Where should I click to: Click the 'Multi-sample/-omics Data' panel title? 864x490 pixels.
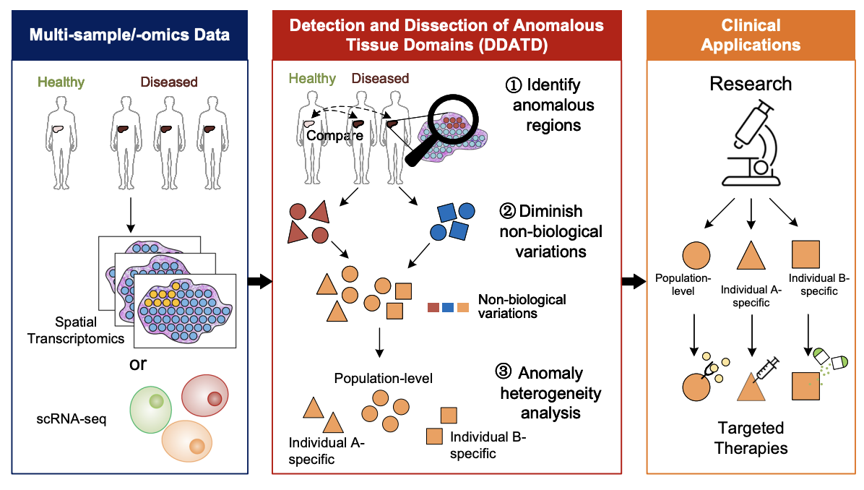click(130, 34)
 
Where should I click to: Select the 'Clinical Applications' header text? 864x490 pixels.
click(751, 35)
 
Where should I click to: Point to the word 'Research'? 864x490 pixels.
click(751, 84)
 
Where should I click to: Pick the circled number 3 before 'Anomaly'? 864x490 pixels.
click(504, 373)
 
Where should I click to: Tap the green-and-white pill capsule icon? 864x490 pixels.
click(829, 358)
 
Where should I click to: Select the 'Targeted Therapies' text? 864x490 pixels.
click(751, 438)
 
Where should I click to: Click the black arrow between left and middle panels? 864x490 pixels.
click(260, 281)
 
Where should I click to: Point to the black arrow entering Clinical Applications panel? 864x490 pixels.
click(634, 281)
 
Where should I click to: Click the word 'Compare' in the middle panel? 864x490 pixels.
click(325, 135)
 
